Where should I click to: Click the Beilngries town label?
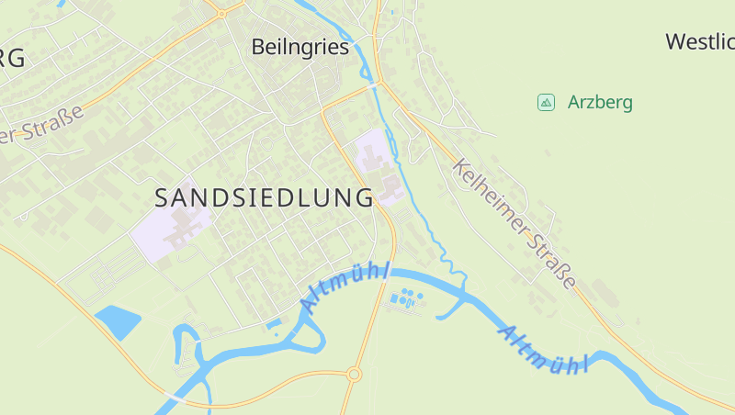tap(300, 47)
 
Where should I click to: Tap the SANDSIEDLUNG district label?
tap(264, 197)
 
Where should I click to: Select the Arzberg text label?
tap(600, 102)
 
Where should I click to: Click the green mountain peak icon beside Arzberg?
tap(546, 102)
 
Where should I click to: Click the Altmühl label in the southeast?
tap(543, 350)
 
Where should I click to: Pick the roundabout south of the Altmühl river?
tap(354, 374)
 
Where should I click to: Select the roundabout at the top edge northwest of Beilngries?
tap(221, 14)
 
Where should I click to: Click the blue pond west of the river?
tap(117, 321)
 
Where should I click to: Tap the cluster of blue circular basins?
tap(406, 297)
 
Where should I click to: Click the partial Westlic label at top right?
tap(700, 41)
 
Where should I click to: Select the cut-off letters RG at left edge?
tap(12, 57)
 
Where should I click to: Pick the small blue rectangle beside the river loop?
tap(274, 323)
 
